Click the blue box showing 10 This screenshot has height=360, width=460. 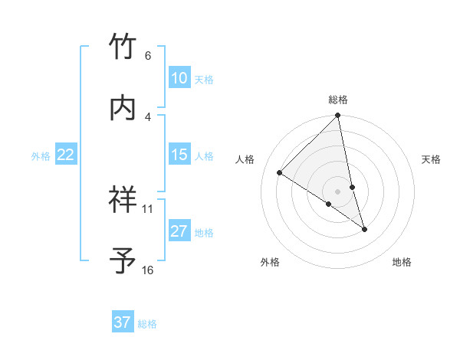pyautogui.click(x=179, y=78)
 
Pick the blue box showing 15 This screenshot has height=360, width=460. pyautogui.click(x=179, y=155)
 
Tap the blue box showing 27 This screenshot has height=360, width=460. pyautogui.click(x=179, y=231)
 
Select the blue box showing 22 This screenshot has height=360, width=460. pyautogui.click(x=66, y=155)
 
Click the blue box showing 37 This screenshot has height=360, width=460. pyautogui.click(x=123, y=322)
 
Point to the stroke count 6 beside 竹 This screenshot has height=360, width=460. pyautogui.click(x=148, y=56)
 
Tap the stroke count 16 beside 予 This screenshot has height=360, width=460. pyautogui.click(x=148, y=270)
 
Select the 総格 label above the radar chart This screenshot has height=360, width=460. pyautogui.click(x=338, y=100)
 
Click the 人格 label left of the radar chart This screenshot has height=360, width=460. pyautogui.click(x=245, y=159)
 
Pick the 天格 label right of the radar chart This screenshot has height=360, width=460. pyautogui.click(x=431, y=159)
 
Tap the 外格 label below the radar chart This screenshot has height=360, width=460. pyautogui.click(x=270, y=262)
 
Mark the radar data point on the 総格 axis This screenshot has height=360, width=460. pyautogui.click(x=338, y=116)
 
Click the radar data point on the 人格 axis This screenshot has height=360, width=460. pyautogui.click(x=280, y=172)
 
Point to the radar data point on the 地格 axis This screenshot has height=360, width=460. pyautogui.click(x=364, y=229)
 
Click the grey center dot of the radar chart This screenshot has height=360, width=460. pyautogui.click(x=338, y=191)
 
